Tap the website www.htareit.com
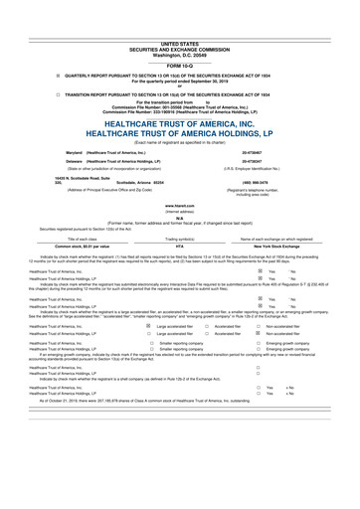click(179, 207)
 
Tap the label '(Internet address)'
click(179, 213)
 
